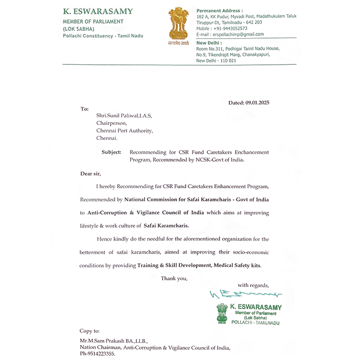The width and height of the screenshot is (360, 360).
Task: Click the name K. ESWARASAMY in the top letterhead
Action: pyautogui.click(x=98, y=11)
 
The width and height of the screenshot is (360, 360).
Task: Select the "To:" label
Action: pyautogui.click(x=85, y=109)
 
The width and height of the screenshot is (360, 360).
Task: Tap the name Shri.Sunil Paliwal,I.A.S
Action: pyautogui.click(x=124, y=116)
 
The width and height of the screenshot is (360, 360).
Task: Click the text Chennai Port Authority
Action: pyautogui.click(x=124, y=131)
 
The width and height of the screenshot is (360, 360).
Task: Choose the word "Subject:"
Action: pyautogui.click(x=112, y=152)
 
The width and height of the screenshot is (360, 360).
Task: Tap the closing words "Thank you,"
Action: pyautogui.click(x=174, y=278)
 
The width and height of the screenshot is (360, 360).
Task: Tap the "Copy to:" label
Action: pyautogui.click(x=89, y=331)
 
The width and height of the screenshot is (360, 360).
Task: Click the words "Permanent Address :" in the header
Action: pyautogui.click(x=220, y=10)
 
